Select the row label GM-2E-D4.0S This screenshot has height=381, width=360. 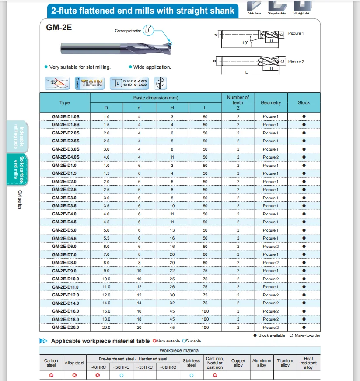click(64, 157)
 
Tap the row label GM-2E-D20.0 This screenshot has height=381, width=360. click(64, 328)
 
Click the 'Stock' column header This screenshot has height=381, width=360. click(304, 103)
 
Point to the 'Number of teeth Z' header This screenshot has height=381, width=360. click(238, 102)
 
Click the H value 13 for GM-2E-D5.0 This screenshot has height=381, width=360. click(172, 230)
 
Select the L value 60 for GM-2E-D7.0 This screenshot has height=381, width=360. click(205, 254)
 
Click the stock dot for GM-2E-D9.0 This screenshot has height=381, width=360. click(304, 271)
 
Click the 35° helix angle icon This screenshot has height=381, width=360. click(57, 83)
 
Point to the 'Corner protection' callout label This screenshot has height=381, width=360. click(128, 31)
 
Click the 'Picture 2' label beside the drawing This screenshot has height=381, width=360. click(296, 62)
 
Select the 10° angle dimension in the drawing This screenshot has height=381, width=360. click(245, 43)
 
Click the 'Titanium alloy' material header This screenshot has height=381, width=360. click(285, 363)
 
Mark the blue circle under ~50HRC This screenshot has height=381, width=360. click(121, 376)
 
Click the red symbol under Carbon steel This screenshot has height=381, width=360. click(51, 376)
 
